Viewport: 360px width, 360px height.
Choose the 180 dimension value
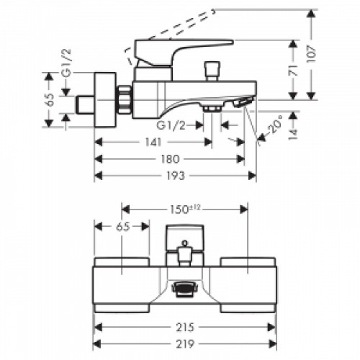tap(168, 158)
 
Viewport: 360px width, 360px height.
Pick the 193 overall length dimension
tap(174, 175)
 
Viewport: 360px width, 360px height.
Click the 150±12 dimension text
tap(184, 210)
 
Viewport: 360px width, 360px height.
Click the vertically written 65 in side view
tap(50, 100)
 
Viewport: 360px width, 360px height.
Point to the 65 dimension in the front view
tap(122, 227)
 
